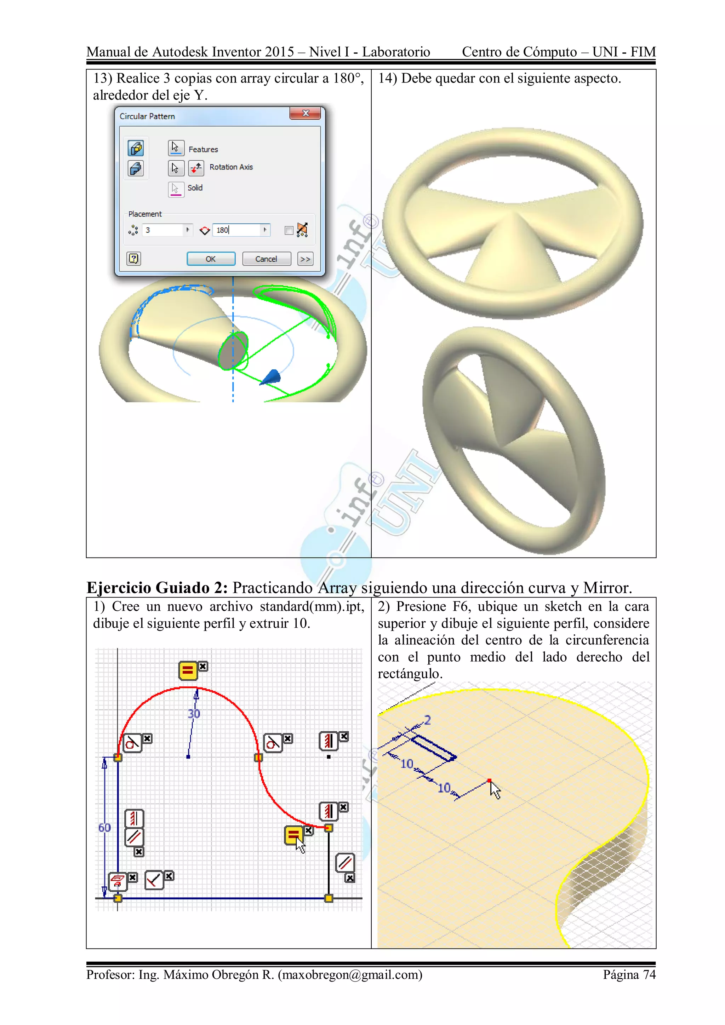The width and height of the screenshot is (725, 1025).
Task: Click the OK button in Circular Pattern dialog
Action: tap(211, 259)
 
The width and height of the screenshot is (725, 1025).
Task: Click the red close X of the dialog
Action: tap(306, 113)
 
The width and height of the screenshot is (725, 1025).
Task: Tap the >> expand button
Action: tap(305, 259)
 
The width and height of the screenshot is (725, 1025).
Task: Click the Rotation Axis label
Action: tap(231, 167)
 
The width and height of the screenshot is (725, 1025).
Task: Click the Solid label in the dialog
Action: tap(195, 188)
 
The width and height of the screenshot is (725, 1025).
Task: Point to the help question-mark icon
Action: tap(133, 259)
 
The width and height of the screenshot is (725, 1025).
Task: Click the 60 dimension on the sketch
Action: tap(104, 828)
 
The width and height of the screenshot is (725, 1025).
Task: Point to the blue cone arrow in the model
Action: tap(272, 377)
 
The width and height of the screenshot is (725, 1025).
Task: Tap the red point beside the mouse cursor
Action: tap(489, 781)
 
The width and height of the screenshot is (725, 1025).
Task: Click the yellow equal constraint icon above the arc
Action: tap(188, 670)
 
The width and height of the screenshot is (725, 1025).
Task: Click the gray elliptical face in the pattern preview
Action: tap(233, 350)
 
